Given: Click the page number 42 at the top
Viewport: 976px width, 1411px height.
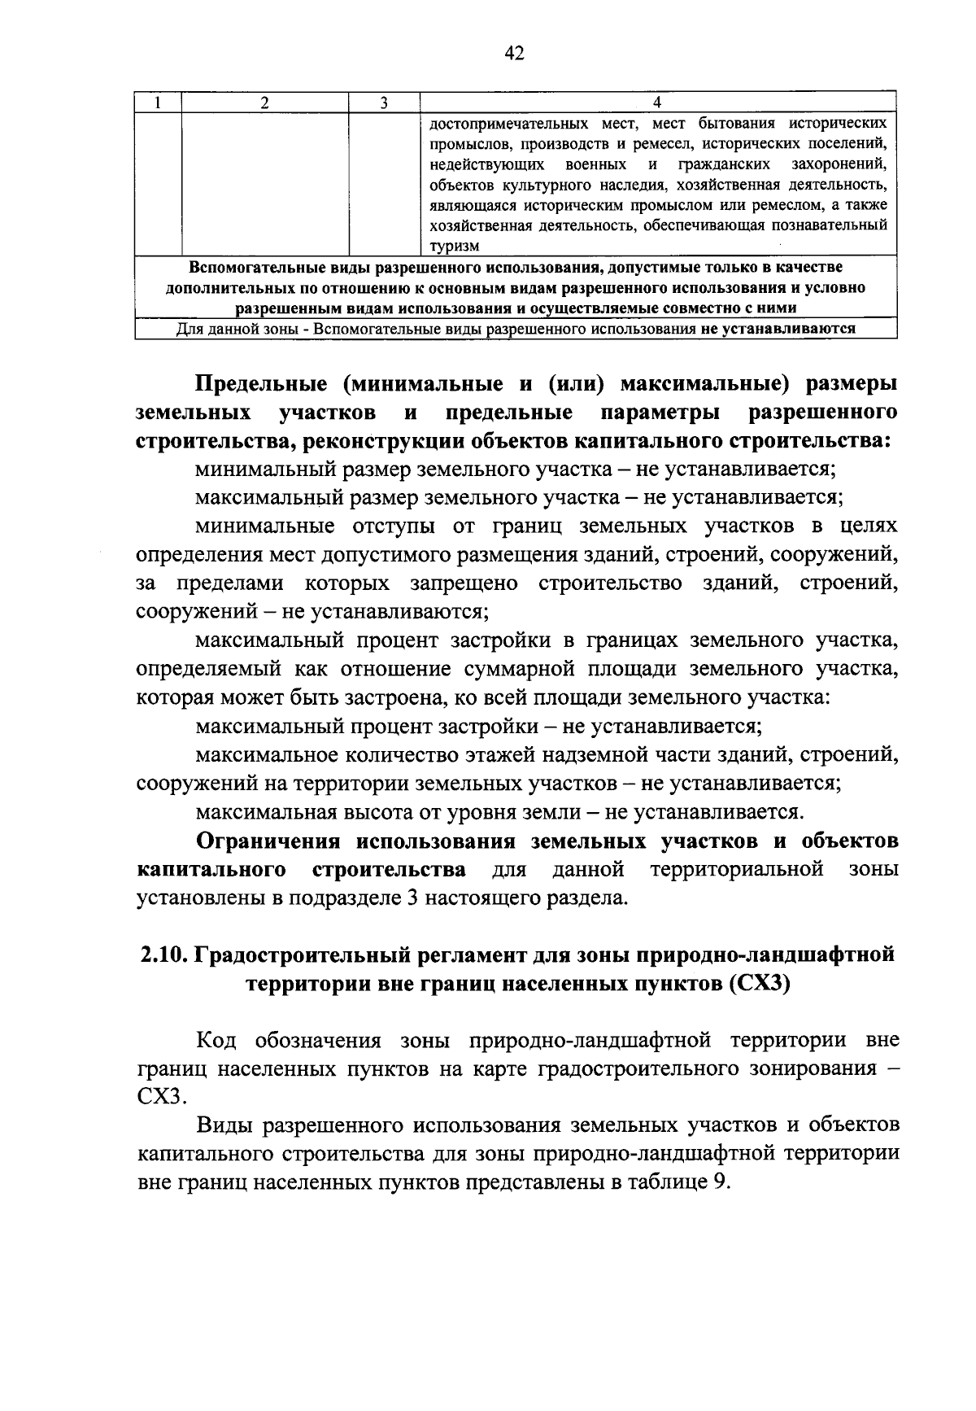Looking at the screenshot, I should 514,54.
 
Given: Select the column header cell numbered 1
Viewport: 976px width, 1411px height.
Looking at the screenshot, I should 158,103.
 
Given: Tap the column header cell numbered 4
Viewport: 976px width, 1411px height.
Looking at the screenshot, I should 657,103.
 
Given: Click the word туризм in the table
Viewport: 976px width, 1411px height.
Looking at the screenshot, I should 455,246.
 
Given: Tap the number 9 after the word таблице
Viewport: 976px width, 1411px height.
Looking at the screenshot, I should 718,1182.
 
